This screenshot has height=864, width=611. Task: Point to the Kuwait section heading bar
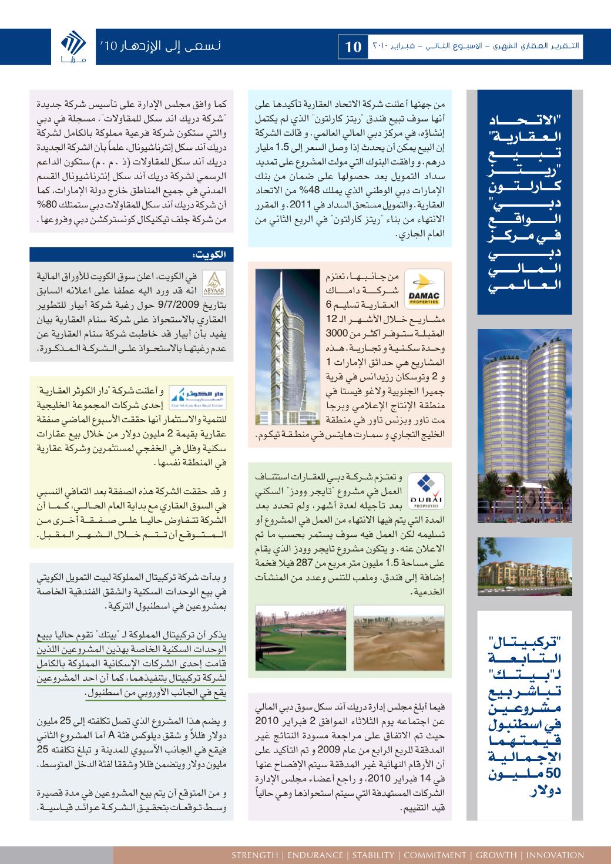click(132, 254)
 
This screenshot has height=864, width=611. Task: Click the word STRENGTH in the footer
click(254, 855)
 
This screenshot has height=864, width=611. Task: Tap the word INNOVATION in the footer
click(555, 855)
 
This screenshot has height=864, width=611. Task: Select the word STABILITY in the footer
click(373, 855)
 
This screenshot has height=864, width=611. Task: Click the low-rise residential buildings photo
click(525, 566)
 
